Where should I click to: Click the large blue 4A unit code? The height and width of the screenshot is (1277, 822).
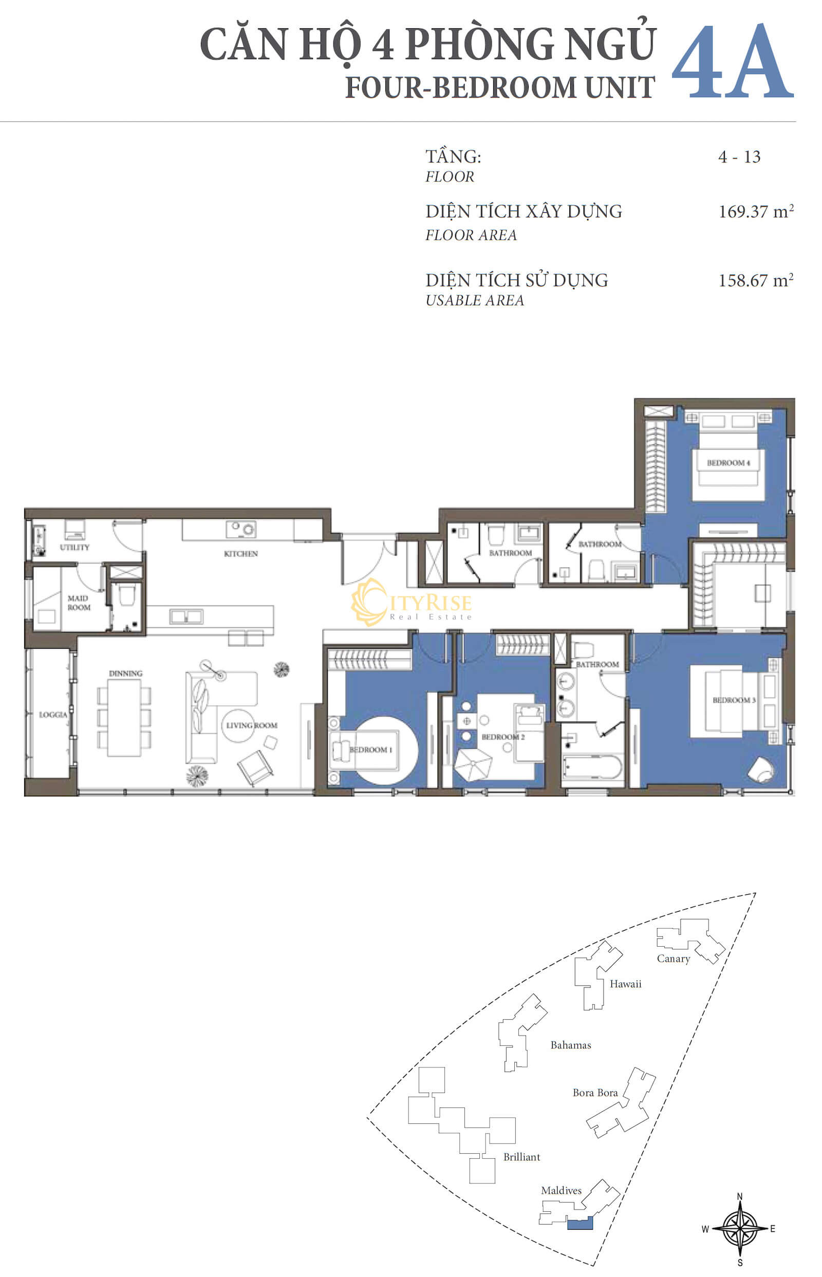(x=732, y=61)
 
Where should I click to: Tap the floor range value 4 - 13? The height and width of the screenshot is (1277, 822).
(x=739, y=157)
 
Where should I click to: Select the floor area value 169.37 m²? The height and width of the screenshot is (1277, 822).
(x=756, y=211)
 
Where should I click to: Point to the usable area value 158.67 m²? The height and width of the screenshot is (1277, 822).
(x=756, y=280)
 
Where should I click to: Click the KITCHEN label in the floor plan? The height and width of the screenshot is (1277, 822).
(x=241, y=554)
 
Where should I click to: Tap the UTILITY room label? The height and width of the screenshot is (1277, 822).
(x=74, y=548)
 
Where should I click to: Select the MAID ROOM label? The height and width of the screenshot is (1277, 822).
(x=79, y=603)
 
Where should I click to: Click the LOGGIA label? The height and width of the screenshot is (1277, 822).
(x=53, y=715)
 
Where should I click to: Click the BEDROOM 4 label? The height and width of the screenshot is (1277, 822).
(x=728, y=463)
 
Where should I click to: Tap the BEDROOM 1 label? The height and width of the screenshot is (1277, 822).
(x=370, y=750)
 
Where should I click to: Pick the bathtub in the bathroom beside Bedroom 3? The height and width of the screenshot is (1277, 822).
(x=592, y=767)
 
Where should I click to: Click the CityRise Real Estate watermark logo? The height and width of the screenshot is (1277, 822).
(x=412, y=603)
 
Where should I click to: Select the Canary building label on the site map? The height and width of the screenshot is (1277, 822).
(x=673, y=959)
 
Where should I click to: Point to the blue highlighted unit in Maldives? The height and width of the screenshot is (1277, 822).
(x=580, y=1223)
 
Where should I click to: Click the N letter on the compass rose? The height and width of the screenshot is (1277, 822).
(x=740, y=1196)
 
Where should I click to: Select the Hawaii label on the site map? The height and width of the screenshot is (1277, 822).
(x=626, y=984)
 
